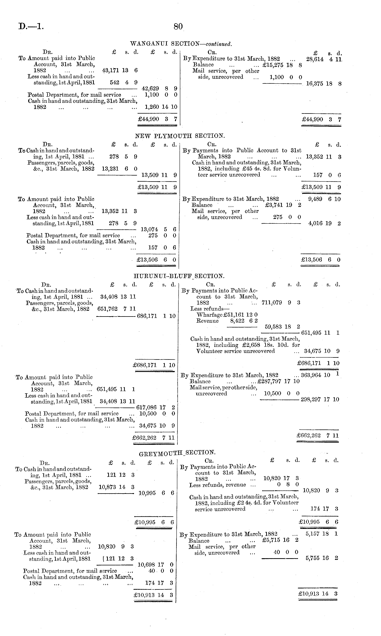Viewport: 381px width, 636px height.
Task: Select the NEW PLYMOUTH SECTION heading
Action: (x=180, y=136)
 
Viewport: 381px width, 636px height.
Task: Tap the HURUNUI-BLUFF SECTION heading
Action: (x=179, y=276)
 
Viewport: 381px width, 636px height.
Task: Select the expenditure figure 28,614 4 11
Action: (x=324, y=59)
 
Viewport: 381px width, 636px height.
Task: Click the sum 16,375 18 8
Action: (x=323, y=84)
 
